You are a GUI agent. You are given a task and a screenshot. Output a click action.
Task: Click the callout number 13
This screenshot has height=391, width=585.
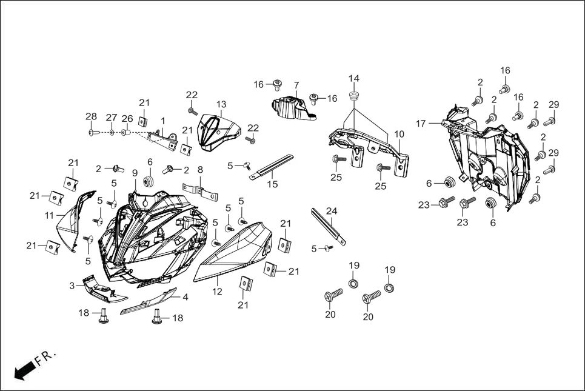tap(221, 104)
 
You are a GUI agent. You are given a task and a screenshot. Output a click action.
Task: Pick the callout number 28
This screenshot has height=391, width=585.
tap(91, 116)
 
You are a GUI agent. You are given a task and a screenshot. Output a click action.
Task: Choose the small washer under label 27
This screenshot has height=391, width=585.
tap(112, 132)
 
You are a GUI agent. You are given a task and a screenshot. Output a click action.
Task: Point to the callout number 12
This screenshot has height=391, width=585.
tap(218, 292)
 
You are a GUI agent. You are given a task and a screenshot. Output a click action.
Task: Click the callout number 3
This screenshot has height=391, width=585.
tap(72, 286)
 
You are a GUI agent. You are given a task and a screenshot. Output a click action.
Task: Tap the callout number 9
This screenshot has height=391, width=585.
tap(135, 173)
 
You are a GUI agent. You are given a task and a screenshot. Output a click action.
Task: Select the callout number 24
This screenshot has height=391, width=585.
tap(332, 211)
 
